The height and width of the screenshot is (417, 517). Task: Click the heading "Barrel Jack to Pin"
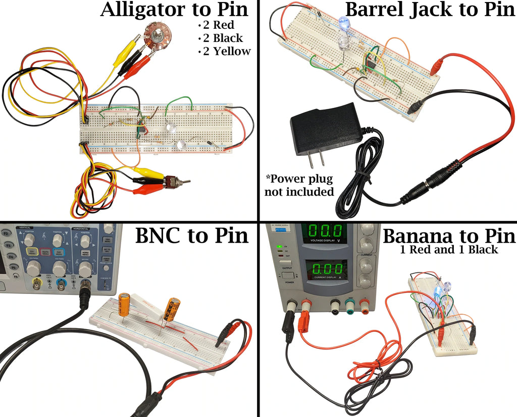(x=430, y=10)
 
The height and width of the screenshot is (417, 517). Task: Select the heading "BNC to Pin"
(x=192, y=236)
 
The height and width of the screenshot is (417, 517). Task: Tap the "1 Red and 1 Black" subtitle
(x=449, y=250)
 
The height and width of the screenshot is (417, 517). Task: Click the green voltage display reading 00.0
(x=325, y=233)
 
